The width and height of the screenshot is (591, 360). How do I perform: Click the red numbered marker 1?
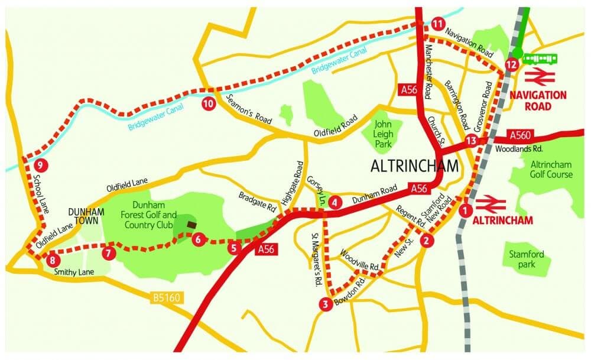tap(466, 209)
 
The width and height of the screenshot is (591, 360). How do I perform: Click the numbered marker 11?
tap(437, 24)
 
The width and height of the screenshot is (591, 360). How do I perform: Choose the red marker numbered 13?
tap(470, 141)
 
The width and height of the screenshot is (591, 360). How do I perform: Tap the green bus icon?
tap(539, 59)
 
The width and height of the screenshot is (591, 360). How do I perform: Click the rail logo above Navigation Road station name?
tap(538, 76)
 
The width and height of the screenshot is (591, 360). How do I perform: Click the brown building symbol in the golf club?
tap(191, 225)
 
